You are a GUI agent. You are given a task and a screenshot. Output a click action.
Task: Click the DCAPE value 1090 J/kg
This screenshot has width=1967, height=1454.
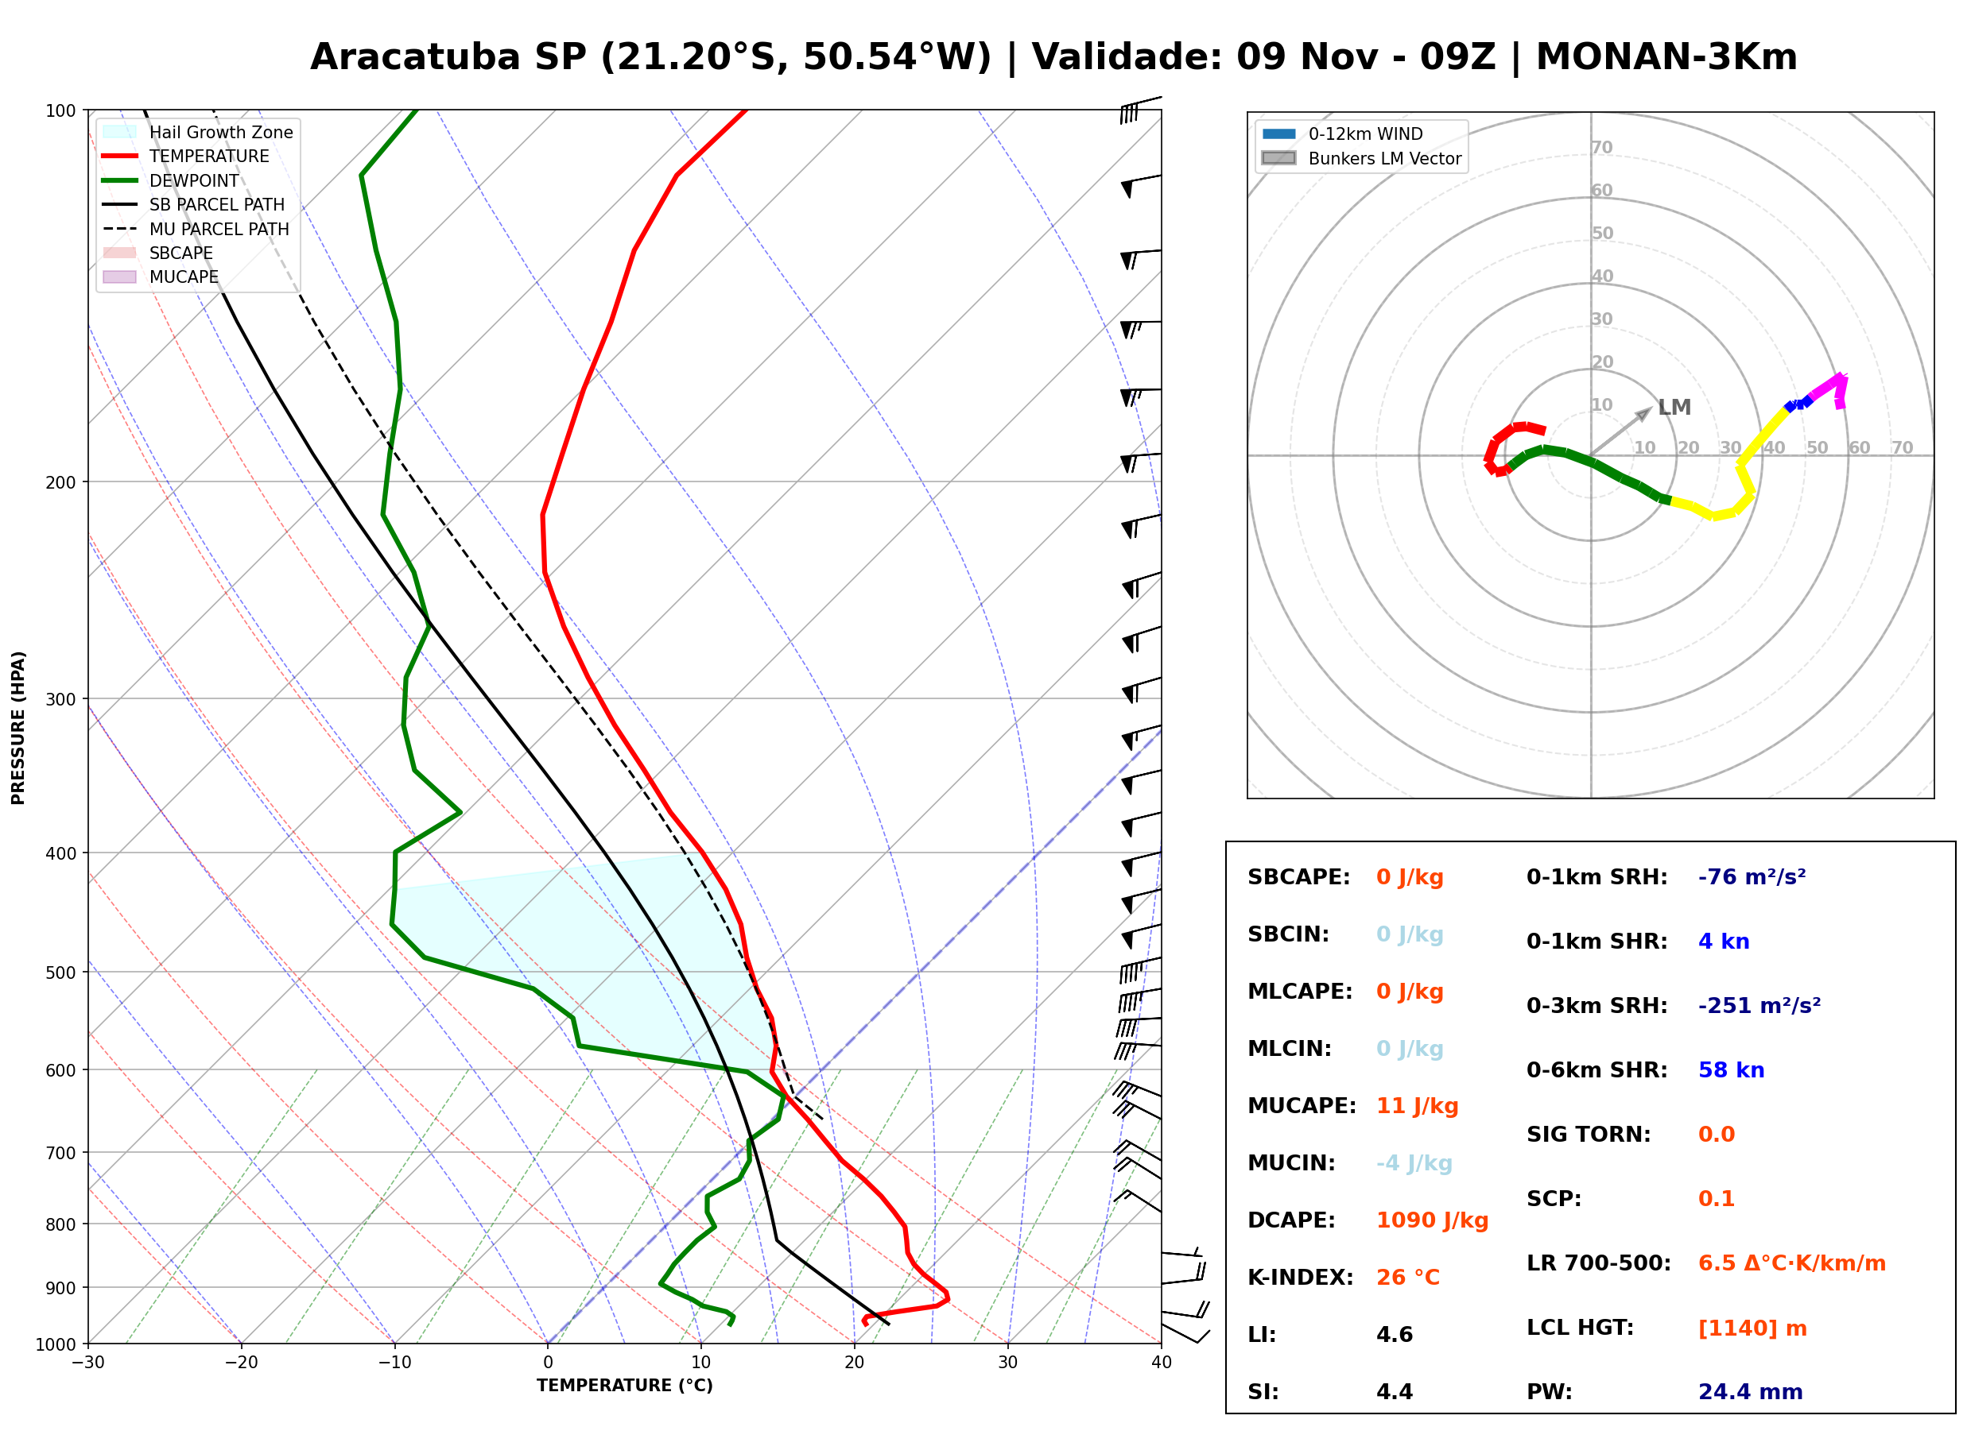(1432, 1220)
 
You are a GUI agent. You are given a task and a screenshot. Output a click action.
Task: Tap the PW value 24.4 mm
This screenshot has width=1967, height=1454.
(1751, 1391)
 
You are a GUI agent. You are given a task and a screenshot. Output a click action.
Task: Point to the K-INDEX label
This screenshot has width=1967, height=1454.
(1301, 1277)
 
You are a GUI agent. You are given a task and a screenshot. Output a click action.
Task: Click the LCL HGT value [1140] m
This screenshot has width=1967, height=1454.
(1752, 1328)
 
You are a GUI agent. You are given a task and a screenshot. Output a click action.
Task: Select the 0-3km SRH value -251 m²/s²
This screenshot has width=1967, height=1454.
(1759, 1005)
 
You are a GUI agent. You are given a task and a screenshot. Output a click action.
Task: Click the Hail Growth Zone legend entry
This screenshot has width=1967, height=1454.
(198, 132)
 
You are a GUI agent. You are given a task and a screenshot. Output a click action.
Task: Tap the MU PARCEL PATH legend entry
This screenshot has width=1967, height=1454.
(196, 229)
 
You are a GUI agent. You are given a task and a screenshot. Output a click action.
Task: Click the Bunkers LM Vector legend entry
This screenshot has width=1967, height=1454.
(1361, 158)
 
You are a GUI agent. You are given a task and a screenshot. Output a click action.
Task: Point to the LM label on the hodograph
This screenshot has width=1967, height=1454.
(1674, 408)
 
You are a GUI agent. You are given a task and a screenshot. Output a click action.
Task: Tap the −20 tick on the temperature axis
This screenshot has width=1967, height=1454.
(241, 1363)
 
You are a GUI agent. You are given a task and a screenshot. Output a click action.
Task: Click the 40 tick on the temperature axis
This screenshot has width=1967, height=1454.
(1161, 1363)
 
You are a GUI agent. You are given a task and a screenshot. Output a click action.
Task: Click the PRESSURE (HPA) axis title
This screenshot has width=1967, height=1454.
(18, 728)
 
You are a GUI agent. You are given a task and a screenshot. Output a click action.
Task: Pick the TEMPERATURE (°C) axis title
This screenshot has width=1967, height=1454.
(625, 1386)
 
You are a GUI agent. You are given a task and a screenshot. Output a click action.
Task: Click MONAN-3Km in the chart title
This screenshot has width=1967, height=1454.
(1666, 57)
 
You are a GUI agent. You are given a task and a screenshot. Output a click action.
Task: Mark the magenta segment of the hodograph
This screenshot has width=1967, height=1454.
(1829, 385)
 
